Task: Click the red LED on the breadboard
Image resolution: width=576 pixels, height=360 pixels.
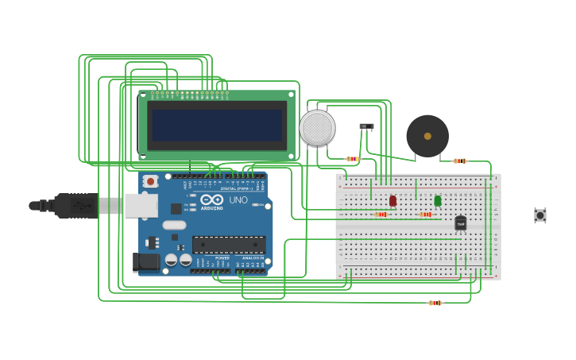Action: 392,200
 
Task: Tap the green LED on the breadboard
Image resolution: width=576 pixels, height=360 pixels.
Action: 438,200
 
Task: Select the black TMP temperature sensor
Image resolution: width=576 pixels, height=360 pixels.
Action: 461,223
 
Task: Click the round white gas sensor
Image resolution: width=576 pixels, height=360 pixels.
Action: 317,128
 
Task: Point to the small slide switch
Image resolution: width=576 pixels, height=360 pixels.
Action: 366,126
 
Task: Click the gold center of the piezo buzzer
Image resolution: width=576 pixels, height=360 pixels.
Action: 427,136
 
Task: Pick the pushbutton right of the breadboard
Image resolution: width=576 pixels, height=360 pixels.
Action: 540,215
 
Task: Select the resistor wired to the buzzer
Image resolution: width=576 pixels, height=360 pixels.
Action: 460,161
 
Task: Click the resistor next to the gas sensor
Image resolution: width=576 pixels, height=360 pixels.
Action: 353,159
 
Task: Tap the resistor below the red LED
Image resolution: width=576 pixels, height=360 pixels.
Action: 381,214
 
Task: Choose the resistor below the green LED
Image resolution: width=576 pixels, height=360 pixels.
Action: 426,214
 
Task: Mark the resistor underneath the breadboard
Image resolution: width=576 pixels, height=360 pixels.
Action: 435,303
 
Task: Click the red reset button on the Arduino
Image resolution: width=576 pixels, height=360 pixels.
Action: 150,182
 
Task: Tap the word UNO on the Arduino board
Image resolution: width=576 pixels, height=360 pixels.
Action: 238,199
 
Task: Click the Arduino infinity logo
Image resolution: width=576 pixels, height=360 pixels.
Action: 211,199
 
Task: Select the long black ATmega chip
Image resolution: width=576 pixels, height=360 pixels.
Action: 228,245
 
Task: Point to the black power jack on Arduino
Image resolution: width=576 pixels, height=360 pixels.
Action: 145,261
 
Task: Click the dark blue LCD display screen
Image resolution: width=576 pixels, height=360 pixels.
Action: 217,126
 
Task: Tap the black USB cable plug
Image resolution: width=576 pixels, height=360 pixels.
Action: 76,205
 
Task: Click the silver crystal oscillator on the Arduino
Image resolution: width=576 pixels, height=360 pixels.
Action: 175,225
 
